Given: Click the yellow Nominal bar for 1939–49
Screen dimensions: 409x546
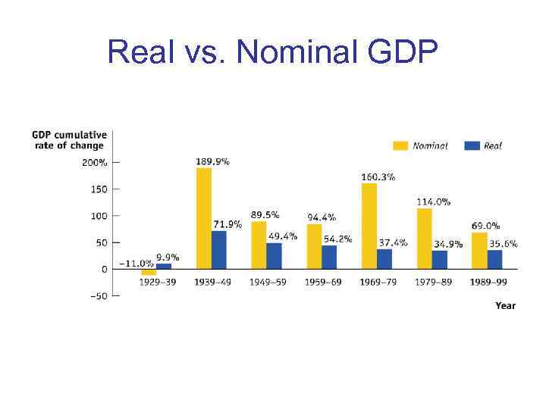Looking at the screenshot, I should (203, 218).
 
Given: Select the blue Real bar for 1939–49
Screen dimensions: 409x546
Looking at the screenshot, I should (218, 250).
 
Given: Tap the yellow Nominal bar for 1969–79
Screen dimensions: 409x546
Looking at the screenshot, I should (369, 226).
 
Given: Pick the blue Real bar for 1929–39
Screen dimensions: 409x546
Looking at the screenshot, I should (164, 266).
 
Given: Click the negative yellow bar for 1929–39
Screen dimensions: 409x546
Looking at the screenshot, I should (149, 272).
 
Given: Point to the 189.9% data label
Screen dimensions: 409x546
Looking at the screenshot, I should (213, 161).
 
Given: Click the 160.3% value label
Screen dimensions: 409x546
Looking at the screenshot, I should (378, 176).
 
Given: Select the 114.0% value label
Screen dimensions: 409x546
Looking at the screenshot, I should (433, 201).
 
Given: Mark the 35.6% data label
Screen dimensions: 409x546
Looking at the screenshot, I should (504, 243).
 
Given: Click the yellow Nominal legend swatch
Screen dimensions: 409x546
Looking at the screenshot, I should (400, 145).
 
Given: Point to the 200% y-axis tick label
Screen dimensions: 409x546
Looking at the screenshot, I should (95, 162).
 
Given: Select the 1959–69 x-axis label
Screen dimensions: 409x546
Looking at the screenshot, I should (322, 282).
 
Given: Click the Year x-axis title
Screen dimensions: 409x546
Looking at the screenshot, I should (505, 305).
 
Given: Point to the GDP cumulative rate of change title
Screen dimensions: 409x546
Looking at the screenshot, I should (69, 140).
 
